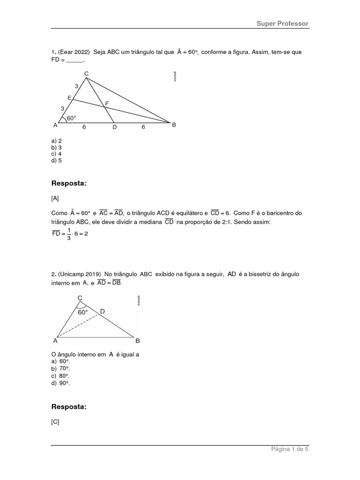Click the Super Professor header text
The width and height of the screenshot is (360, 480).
tap(282, 23)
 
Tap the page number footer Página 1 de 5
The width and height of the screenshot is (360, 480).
tap(290, 449)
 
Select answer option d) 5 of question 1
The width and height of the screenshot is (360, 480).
tap(57, 160)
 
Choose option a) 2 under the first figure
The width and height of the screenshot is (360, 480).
tap(57, 141)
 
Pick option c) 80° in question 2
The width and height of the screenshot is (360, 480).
tap(60, 376)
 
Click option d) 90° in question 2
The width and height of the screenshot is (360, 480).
tap(60, 383)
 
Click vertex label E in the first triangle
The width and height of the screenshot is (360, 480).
tap(69, 97)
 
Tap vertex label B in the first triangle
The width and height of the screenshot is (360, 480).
tap(174, 125)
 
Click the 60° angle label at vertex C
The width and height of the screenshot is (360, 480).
tap(83, 312)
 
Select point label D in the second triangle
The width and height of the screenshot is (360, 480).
tap(102, 311)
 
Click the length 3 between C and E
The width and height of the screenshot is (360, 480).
tap(76, 86)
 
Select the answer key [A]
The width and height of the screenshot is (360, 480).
tap(55, 199)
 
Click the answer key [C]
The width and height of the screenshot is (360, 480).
tap(55, 422)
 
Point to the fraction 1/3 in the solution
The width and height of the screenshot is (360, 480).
tap(69, 233)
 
